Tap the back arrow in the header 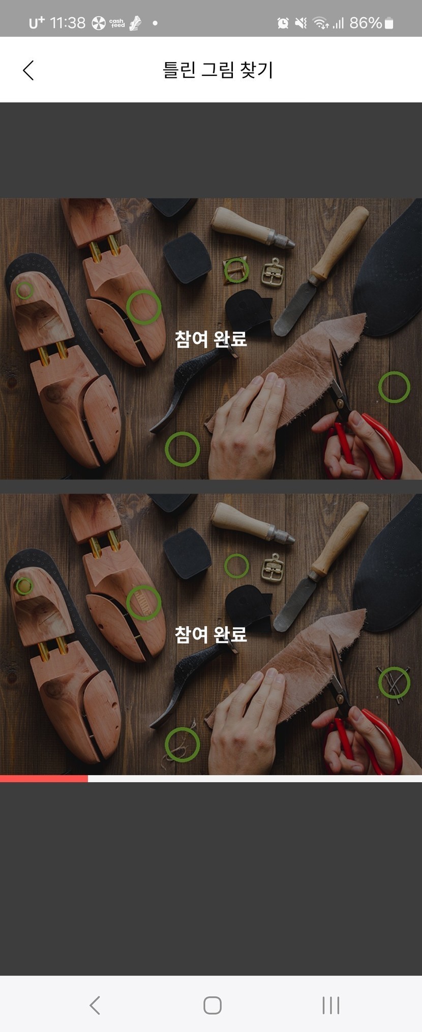tap(28, 70)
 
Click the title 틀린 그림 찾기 tap(218, 70)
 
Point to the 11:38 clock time tap(68, 23)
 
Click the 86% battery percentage tap(365, 23)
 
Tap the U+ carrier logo tap(37, 23)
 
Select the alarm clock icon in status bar tap(283, 23)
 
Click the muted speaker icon tap(301, 23)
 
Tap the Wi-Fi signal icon tap(320, 23)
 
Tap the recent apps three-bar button tap(330, 1005)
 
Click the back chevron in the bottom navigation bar tap(95, 1005)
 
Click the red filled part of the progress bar tap(44, 778)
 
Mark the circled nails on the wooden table tap(394, 683)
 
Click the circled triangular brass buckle tap(236, 270)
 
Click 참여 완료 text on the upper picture tap(211, 339)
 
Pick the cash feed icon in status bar tap(117, 23)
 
